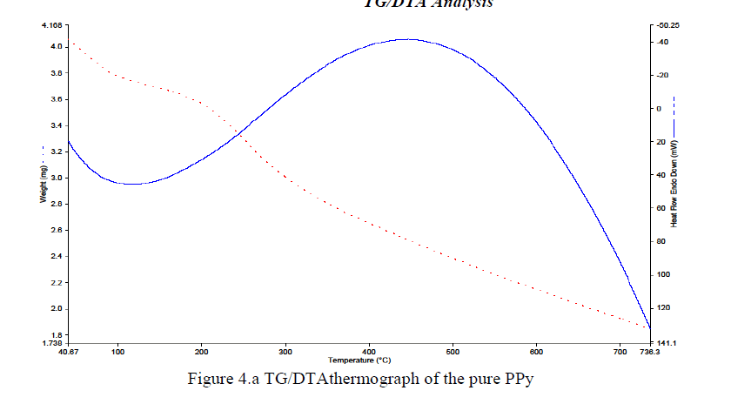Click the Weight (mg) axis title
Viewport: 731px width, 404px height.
[x=42, y=184]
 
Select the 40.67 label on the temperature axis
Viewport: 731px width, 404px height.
[x=68, y=353]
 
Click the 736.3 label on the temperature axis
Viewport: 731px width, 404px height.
[x=648, y=353]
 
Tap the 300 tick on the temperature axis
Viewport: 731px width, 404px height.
[x=285, y=353]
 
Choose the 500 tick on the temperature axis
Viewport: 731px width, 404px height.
[x=453, y=353]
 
